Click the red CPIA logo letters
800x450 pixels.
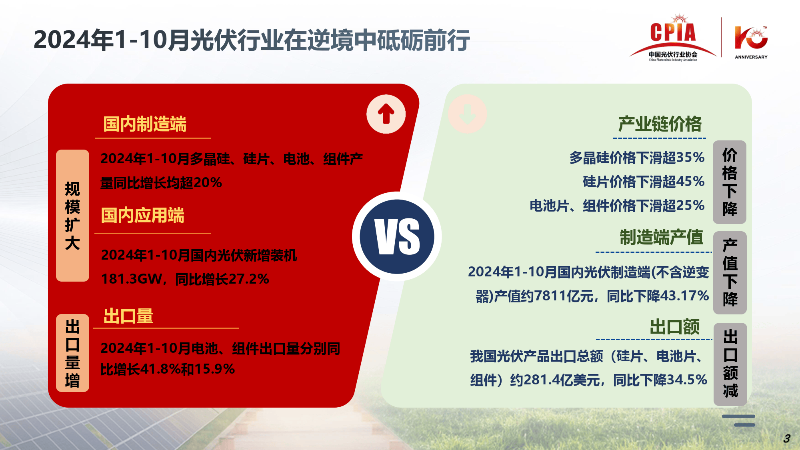pyautogui.click(x=673, y=32)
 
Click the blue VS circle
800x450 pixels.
pyautogui.click(x=397, y=237)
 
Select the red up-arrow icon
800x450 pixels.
pyautogui.click(x=386, y=114)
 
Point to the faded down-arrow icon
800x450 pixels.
pyautogui.click(x=467, y=114)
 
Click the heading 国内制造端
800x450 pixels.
pyautogui.click(x=145, y=124)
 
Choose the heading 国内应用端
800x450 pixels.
pyautogui.click(x=142, y=215)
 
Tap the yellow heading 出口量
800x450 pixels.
pyautogui.click(x=128, y=316)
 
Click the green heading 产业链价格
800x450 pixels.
pyautogui.click(x=660, y=124)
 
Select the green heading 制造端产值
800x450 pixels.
pyautogui.click(x=661, y=237)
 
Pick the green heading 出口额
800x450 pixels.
pyautogui.click(x=675, y=327)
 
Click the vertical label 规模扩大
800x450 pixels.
pyautogui.click(x=72, y=216)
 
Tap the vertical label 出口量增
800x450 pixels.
pyautogui.click(x=72, y=353)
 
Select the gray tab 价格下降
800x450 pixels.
pyautogui.click(x=730, y=182)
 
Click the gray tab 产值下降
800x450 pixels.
pyautogui.click(x=730, y=272)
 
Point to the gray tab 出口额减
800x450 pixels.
pyautogui.click(x=730, y=364)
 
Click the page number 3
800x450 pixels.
pyautogui.click(x=786, y=438)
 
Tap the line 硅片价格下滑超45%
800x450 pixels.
pyautogui.click(x=644, y=182)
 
